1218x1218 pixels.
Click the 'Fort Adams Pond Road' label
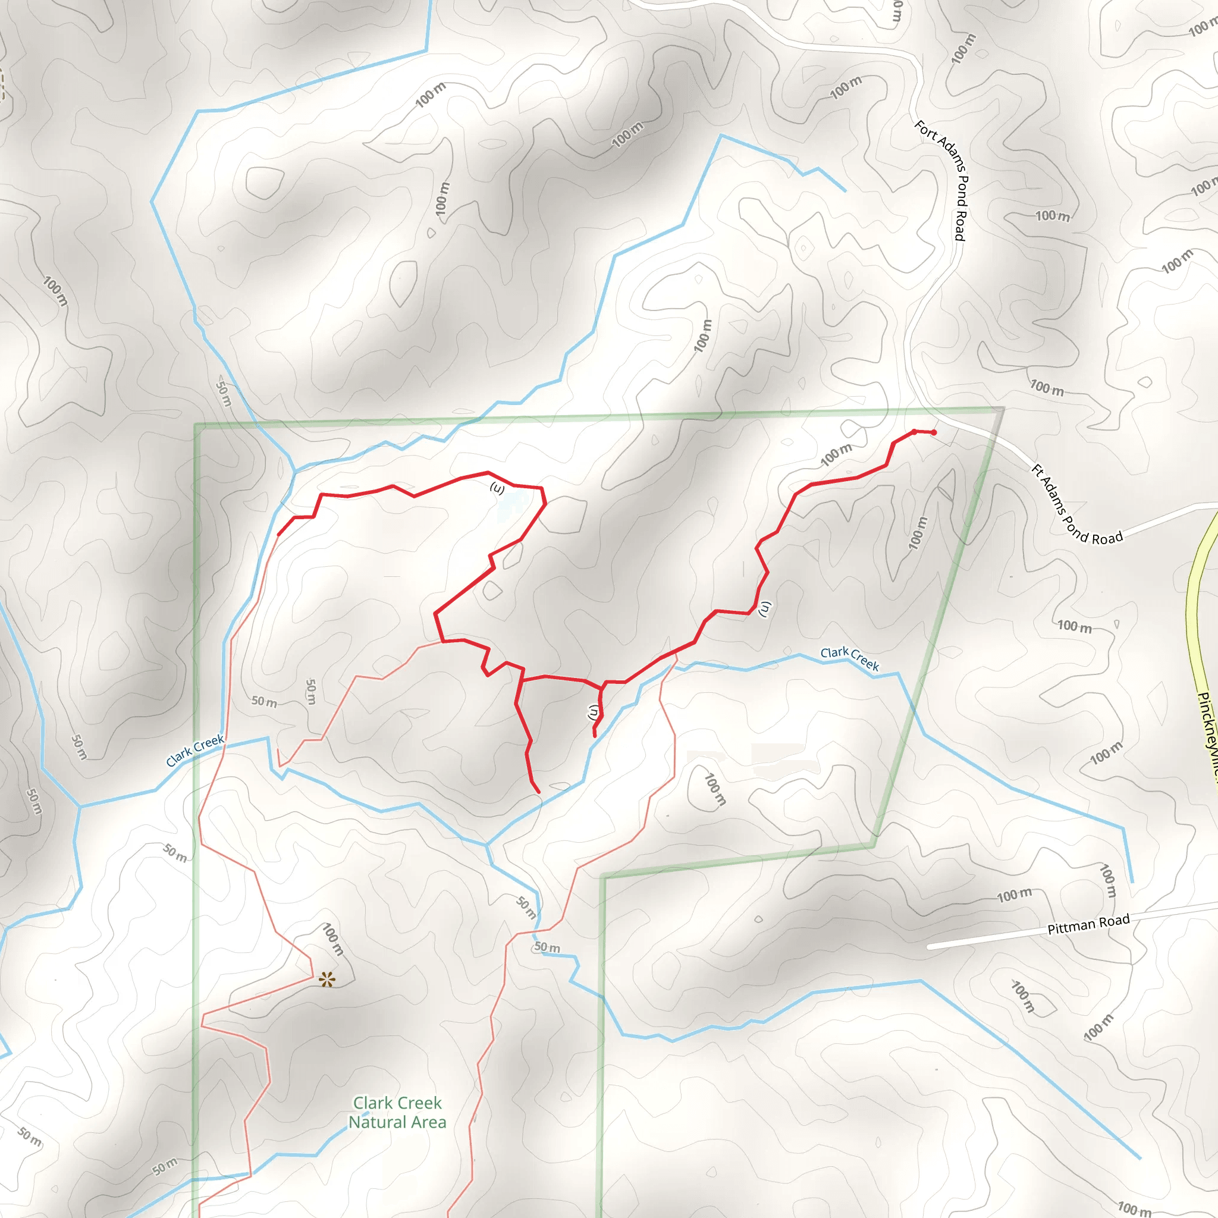tap(941, 181)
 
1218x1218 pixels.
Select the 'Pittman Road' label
tap(1088, 924)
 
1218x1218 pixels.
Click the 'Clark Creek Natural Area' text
tap(397, 1113)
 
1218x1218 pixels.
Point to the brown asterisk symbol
tap(327, 979)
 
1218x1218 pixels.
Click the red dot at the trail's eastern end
tap(934, 432)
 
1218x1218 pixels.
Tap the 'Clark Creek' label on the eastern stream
tap(849, 658)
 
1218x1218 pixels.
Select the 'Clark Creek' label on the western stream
tap(195, 750)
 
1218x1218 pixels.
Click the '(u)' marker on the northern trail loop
tap(497, 489)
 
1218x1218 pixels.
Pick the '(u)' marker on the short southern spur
tap(593, 712)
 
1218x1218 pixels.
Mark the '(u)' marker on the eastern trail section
tap(765, 608)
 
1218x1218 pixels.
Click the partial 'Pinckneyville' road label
tap(1206, 732)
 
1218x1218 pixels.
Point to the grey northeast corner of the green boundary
tap(1002, 410)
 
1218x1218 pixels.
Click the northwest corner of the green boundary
tap(197, 426)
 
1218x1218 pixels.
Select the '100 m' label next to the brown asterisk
tap(333, 939)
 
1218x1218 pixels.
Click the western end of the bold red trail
tap(279, 535)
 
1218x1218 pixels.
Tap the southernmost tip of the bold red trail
tap(538, 792)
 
